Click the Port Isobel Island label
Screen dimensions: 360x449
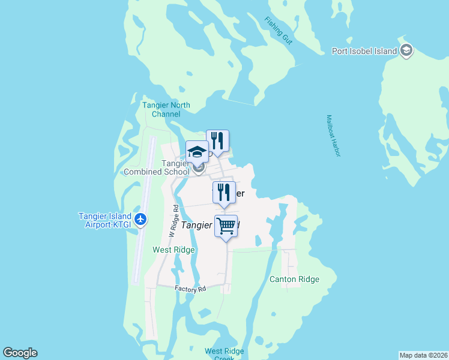(364, 51)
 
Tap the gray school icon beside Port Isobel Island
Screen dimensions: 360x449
(407, 50)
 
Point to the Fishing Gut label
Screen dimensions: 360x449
(278, 29)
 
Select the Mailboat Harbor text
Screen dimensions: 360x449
(333, 136)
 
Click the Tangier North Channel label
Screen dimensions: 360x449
(166, 109)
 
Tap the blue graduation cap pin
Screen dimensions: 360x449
(197, 152)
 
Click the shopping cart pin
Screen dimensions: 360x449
(226, 226)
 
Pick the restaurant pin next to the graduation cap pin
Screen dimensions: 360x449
(217, 142)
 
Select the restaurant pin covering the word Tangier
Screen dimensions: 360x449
(224, 193)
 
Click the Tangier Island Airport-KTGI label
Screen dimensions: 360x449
(106, 220)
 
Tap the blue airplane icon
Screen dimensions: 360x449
(140, 219)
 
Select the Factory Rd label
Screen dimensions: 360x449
(190, 289)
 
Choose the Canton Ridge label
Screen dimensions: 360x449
(294, 279)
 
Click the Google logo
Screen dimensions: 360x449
(20, 353)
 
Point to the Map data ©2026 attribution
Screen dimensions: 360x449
(423, 355)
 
